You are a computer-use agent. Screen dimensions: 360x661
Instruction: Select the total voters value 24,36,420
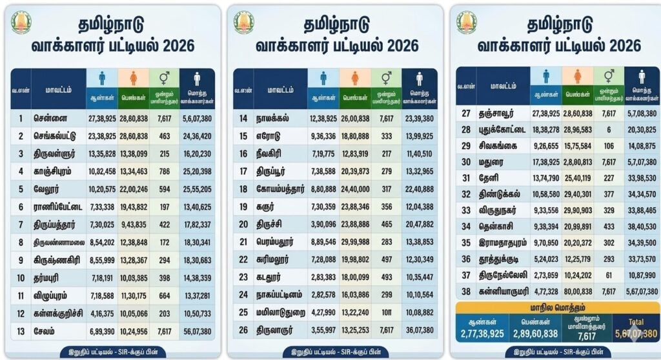(x=197, y=136)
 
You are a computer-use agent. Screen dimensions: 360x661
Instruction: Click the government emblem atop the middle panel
(x=243, y=23)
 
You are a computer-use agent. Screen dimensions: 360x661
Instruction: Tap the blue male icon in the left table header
(x=101, y=78)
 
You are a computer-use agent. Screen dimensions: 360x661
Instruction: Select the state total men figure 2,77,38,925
(x=482, y=334)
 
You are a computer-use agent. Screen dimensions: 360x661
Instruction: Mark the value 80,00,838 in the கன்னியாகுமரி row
(x=576, y=292)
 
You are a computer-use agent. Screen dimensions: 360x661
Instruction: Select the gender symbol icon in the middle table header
(x=386, y=78)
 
